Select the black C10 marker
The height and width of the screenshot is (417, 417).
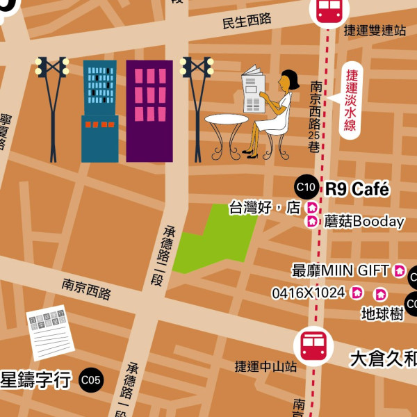click(306, 187)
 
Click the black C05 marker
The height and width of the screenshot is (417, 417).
click(90, 379)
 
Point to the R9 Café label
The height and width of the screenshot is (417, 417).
click(358, 189)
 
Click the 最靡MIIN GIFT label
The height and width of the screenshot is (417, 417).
click(341, 270)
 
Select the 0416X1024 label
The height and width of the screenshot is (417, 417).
click(308, 293)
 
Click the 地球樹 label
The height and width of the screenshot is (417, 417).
click(382, 313)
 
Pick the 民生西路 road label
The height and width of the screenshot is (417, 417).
click(247, 21)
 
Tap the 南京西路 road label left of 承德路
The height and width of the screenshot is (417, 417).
click(86, 289)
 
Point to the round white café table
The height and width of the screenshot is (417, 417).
click(226, 120)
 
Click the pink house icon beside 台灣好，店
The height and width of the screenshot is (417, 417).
click(312, 207)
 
